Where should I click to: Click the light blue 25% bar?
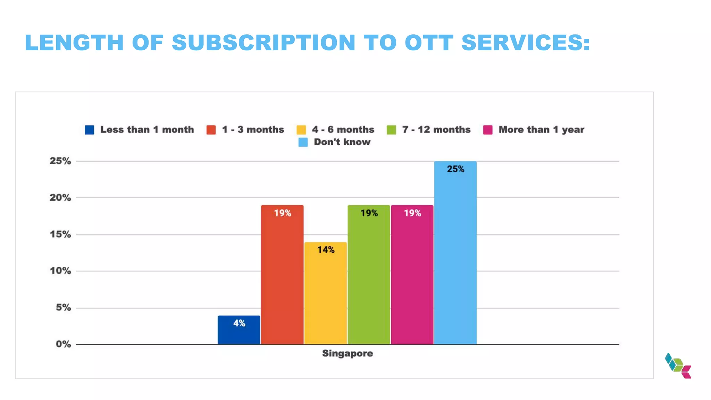[x=455, y=253]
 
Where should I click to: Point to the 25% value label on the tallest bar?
[x=455, y=169]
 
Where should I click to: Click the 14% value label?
[x=326, y=250]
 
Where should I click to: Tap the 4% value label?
[x=239, y=323]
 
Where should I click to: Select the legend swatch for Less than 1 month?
[x=90, y=130]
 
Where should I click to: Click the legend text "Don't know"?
[x=342, y=142]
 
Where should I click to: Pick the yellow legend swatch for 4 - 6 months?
[x=301, y=130]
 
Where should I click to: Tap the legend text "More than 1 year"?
[x=541, y=130]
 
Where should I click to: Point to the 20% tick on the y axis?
[x=60, y=198]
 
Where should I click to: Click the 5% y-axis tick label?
[x=63, y=308]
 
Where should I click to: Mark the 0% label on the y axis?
[x=63, y=344]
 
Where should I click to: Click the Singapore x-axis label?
[x=348, y=353]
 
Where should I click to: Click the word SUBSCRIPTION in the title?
[x=264, y=43]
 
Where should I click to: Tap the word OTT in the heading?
[x=429, y=43]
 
